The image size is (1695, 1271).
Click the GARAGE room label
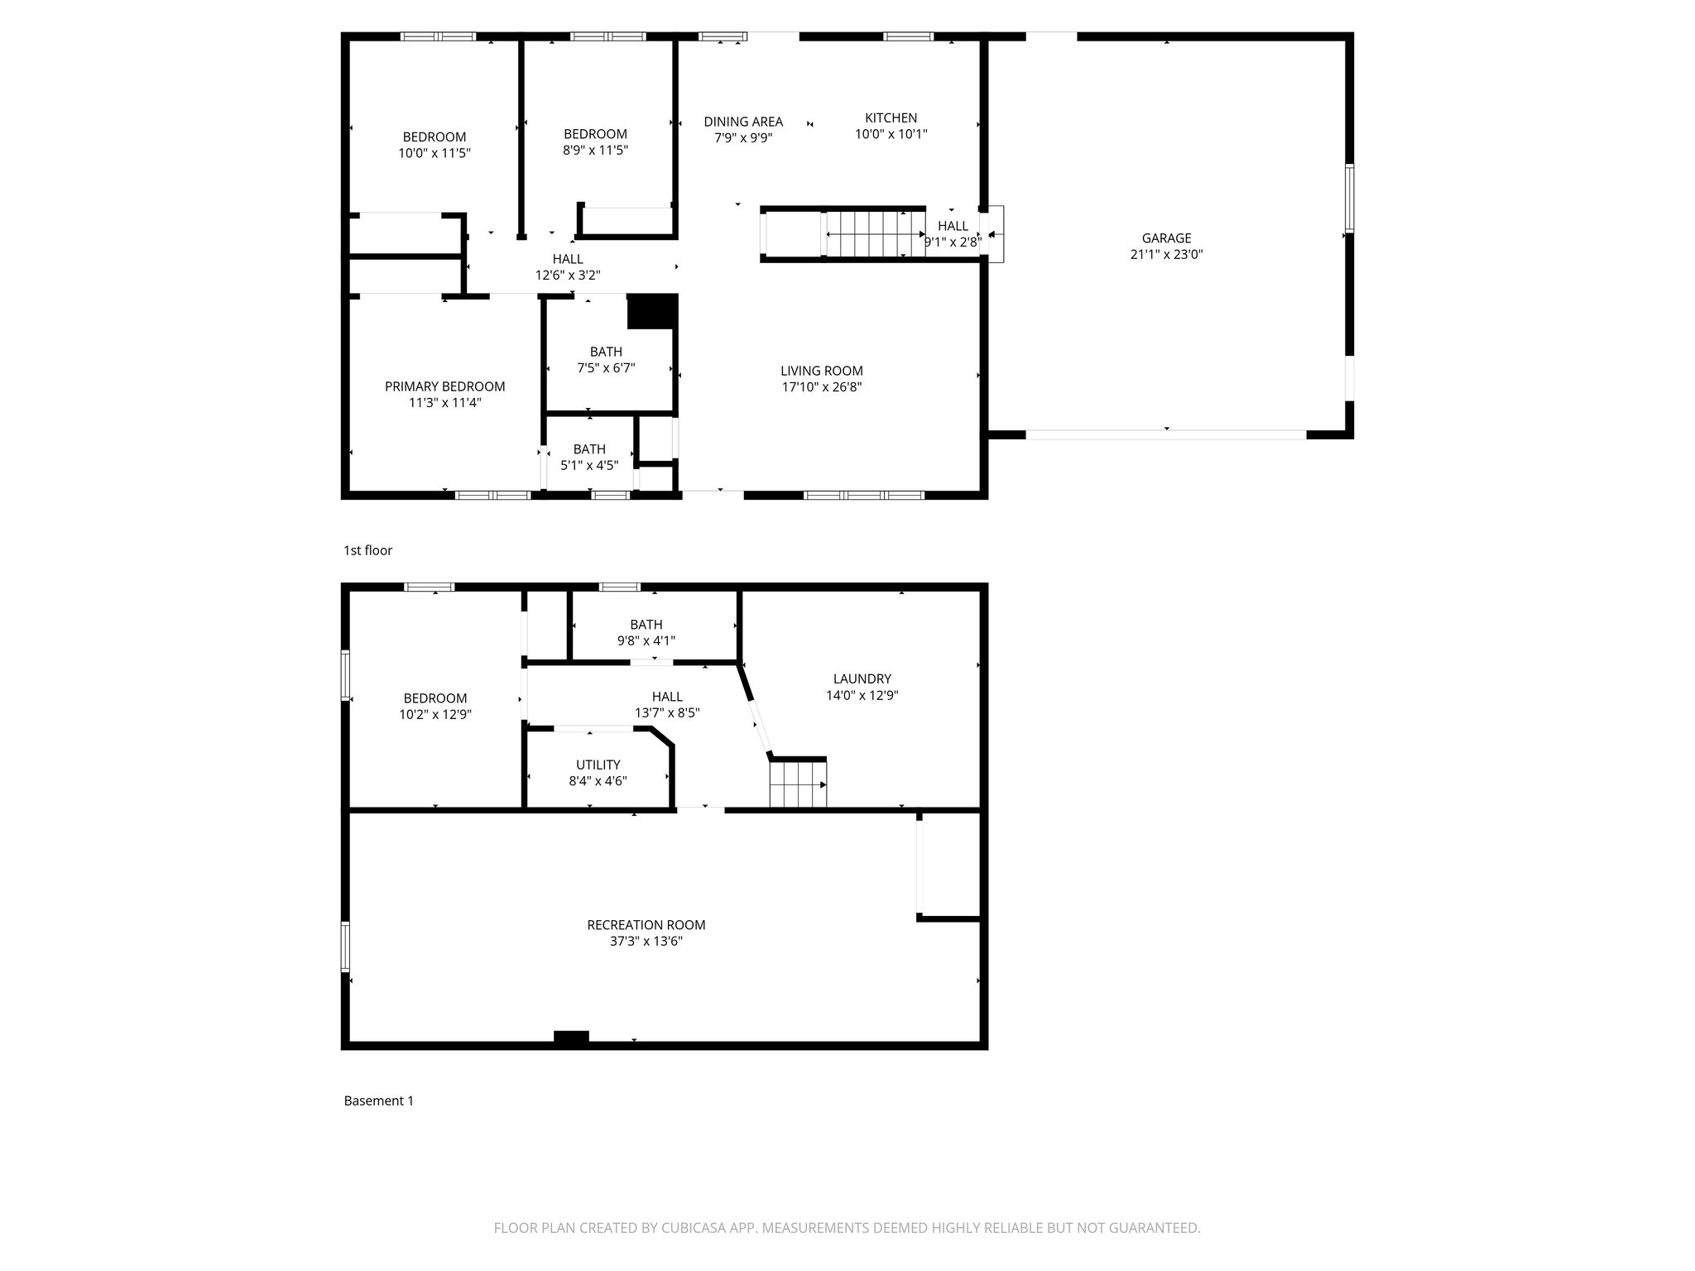click(1166, 238)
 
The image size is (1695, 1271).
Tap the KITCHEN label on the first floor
click(891, 118)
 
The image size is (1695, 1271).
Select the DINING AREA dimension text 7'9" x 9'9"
click(743, 138)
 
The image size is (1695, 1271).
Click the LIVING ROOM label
click(822, 371)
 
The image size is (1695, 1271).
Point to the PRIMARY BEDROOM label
click(444, 386)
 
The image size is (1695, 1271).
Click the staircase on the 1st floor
click(873, 234)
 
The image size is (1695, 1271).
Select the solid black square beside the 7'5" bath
click(652, 312)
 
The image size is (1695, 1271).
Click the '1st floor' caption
click(367, 550)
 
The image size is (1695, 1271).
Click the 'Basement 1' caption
click(378, 1101)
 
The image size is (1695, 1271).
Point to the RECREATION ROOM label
click(646, 925)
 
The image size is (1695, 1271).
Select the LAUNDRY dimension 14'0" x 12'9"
click(862, 696)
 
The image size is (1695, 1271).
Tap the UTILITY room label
click(598, 765)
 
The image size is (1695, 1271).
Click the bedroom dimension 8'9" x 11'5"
click(595, 151)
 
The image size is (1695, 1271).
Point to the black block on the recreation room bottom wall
click(571, 1036)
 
